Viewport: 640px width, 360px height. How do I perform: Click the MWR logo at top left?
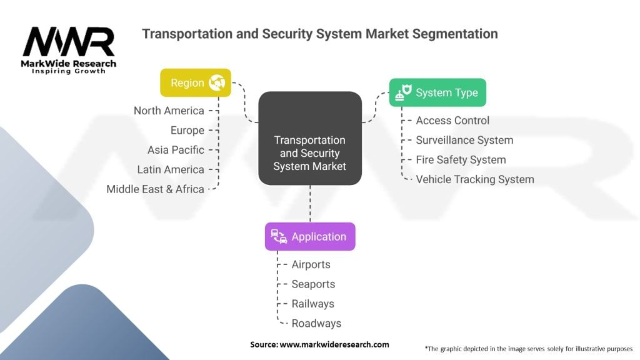69,47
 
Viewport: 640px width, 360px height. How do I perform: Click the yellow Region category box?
196,82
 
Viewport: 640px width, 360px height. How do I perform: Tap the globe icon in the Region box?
217,82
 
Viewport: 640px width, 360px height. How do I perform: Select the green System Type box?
437,92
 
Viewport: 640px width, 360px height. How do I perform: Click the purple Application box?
310,236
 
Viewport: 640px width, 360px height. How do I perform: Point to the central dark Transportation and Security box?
310,139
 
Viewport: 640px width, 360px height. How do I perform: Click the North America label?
169,111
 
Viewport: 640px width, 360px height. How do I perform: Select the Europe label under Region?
187,130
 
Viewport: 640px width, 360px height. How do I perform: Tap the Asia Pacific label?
176,150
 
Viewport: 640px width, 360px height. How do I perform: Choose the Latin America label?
171,169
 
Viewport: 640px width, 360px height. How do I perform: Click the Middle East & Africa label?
155,189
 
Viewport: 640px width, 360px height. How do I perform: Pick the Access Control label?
452,121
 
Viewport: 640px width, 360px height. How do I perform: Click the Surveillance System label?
464,140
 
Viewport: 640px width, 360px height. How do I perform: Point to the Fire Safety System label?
461,159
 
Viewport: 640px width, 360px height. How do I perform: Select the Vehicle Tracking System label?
475,179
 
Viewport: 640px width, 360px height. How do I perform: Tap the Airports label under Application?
311,264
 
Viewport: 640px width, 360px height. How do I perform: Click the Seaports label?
313,284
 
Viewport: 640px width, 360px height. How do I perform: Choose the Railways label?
312,304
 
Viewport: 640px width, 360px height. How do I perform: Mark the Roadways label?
316,323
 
